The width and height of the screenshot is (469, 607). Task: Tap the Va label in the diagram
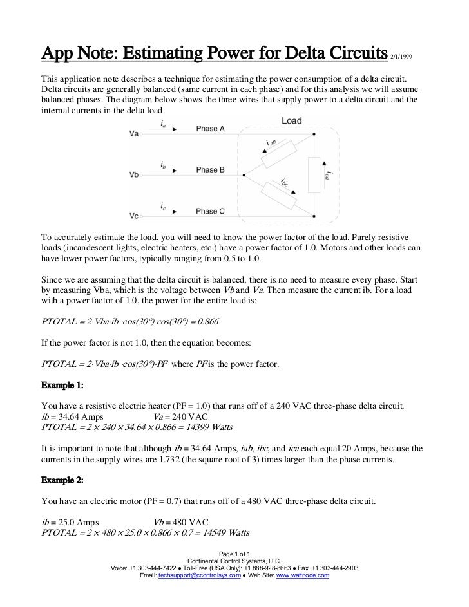point(134,134)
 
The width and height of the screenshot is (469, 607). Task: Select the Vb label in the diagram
point(134,174)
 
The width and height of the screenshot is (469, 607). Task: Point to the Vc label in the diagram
point(134,215)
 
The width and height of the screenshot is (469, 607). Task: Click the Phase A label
point(211,129)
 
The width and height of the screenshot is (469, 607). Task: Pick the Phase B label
point(211,170)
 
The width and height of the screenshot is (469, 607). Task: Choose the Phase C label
point(211,211)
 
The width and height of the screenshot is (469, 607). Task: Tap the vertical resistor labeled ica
point(314,174)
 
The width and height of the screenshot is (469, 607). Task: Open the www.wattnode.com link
point(303,575)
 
